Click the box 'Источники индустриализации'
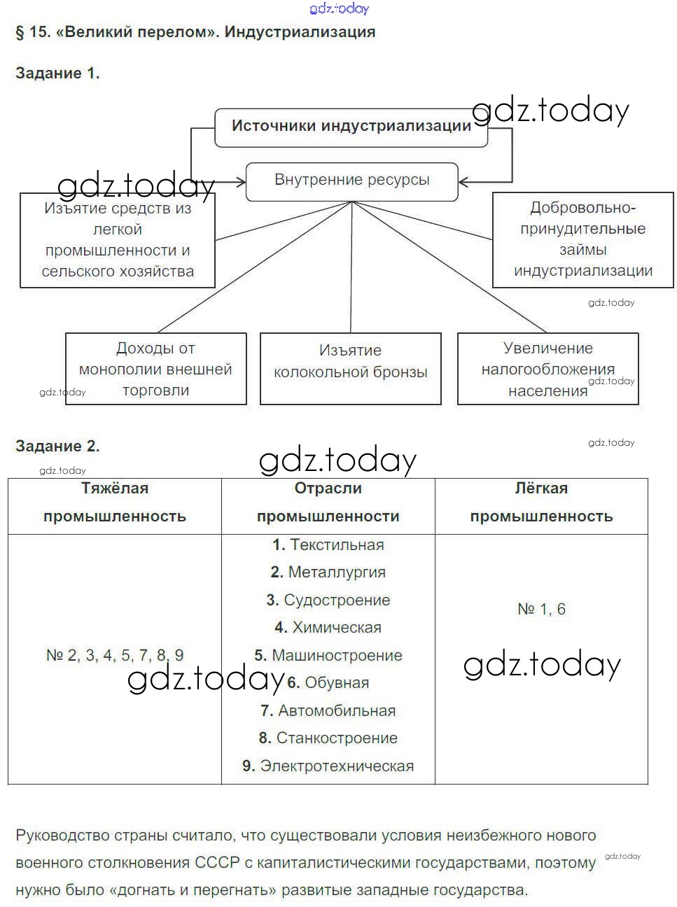click(x=351, y=127)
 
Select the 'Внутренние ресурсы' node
click(x=351, y=181)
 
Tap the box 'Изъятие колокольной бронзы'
click(x=350, y=368)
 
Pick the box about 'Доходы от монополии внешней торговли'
click(x=155, y=369)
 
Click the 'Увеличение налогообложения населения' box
click(x=547, y=369)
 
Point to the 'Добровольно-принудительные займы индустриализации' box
click(x=582, y=239)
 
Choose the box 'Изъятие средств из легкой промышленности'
click(x=117, y=240)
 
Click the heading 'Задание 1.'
click(x=57, y=73)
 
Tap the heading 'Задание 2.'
click(x=57, y=446)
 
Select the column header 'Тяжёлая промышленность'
click(x=115, y=502)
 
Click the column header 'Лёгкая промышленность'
click(x=541, y=502)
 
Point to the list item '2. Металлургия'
click(x=328, y=572)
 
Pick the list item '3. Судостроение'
click(x=328, y=600)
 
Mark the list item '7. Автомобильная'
click(x=328, y=710)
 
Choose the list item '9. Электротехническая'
click(x=328, y=766)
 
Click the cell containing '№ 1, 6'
click(x=541, y=609)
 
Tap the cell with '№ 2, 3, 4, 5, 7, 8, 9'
click(x=115, y=655)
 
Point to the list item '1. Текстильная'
click(x=328, y=545)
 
